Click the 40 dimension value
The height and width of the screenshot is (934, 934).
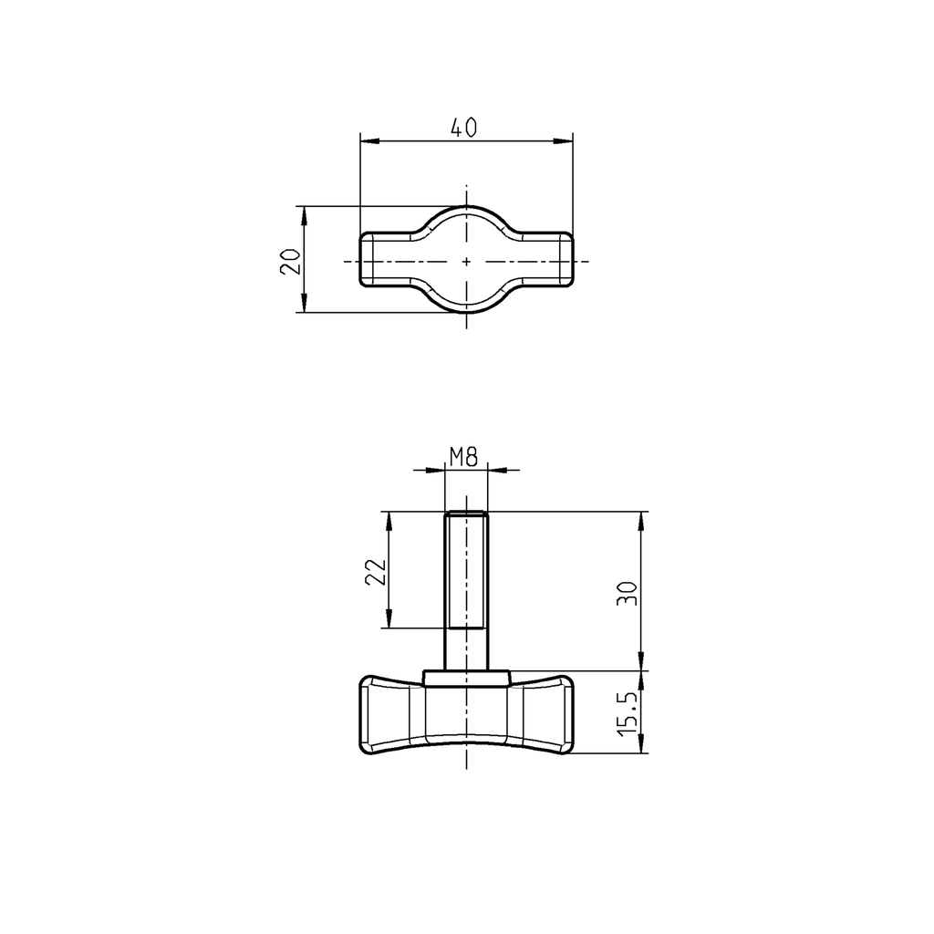coord(464,129)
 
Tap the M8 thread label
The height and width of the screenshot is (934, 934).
coord(465,457)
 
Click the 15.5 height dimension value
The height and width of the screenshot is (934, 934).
coord(627,712)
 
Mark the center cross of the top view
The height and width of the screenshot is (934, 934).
coord(466,261)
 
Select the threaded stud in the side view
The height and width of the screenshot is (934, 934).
coord(466,584)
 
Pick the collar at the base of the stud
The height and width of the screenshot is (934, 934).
coord(466,677)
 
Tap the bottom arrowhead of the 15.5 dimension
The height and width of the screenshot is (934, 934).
coord(642,747)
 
